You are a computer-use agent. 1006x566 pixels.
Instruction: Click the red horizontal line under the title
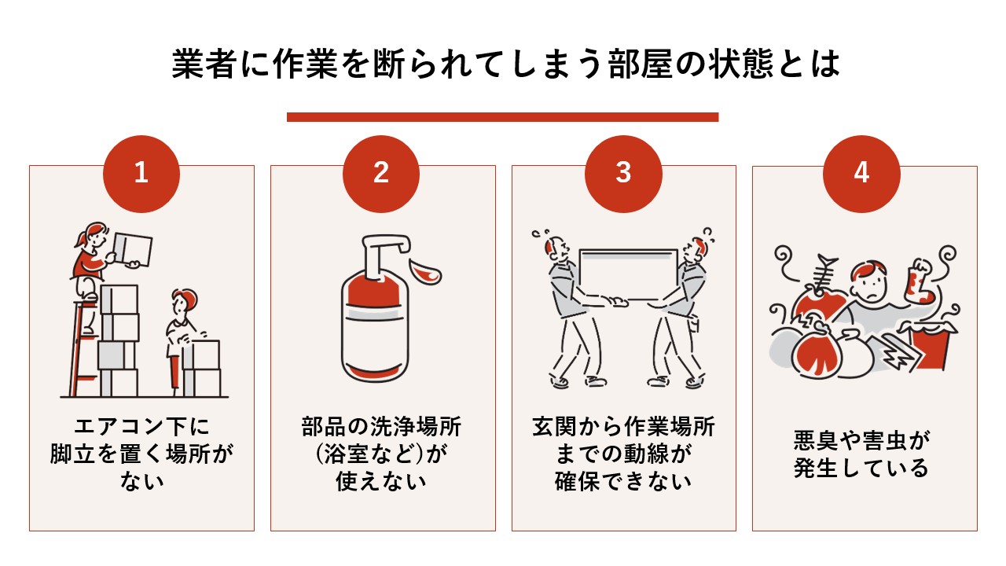coord(502,117)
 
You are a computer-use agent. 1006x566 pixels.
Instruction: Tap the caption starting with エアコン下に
coord(141,428)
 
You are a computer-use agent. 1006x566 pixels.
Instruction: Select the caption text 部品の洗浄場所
coord(382,428)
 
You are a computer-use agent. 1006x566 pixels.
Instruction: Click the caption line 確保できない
coord(623,480)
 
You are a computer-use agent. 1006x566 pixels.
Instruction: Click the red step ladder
coord(79,346)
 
